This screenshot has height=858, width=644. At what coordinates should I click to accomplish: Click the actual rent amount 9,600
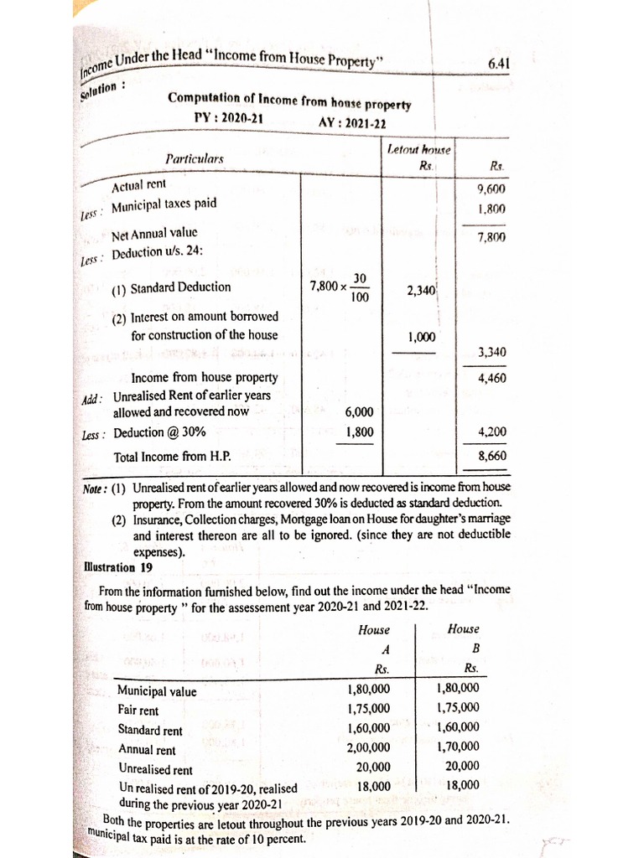coord(491,189)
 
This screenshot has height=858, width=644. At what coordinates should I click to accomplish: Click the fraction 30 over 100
coord(359,287)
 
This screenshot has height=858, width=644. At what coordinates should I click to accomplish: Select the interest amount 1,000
coord(421,337)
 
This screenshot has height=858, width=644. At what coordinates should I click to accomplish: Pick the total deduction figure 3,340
coord(491,352)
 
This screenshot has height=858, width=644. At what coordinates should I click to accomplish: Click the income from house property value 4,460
coord(491,378)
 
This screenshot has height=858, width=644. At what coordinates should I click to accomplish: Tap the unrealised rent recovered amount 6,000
coord(359,412)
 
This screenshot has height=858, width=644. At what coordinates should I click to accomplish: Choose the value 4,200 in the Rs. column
coord(491,432)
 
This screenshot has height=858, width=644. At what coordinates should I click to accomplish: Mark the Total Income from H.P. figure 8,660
coord(491,457)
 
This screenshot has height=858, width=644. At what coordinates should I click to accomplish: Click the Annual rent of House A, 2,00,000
coord(369,747)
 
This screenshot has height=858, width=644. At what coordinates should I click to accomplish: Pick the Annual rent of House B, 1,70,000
coord(458,747)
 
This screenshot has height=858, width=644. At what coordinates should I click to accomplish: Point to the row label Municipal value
coord(157,691)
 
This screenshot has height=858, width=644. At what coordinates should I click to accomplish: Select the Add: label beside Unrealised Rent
coord(92,398)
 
